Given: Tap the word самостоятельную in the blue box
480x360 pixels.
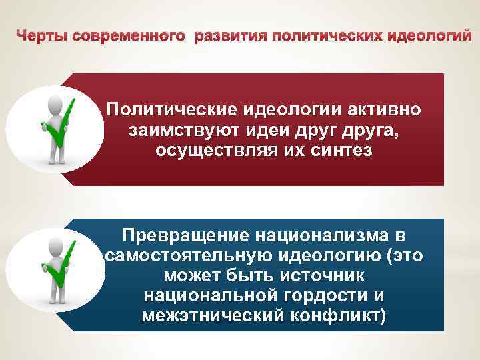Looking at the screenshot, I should point(186,256).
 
